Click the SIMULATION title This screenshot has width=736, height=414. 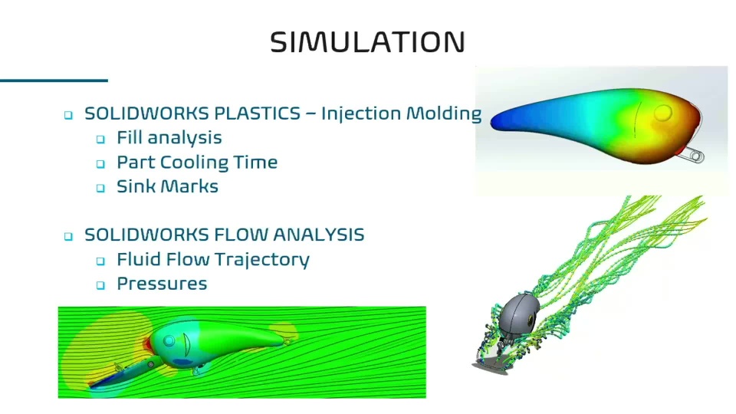click(367, 41)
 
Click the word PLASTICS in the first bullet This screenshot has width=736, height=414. click(258, 113)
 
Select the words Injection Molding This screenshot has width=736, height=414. click(401, 114)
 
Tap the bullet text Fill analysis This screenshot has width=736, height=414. click(169, 138)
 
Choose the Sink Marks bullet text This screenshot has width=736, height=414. click(168, 186)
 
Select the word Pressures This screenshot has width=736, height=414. click(162, 284)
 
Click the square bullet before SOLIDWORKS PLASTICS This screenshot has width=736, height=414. click(68, 115)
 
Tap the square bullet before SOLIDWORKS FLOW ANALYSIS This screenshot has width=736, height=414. click(68, 236)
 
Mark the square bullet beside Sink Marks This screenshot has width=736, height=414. click(100, 188)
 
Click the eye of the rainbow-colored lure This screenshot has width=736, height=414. click(662, 113)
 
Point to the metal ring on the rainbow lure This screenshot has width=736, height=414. click(698, 156)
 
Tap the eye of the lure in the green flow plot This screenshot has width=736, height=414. click(169, 340)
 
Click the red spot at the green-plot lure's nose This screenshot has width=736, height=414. click(148, 344)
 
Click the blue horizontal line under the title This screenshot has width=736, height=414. click(54, 80)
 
